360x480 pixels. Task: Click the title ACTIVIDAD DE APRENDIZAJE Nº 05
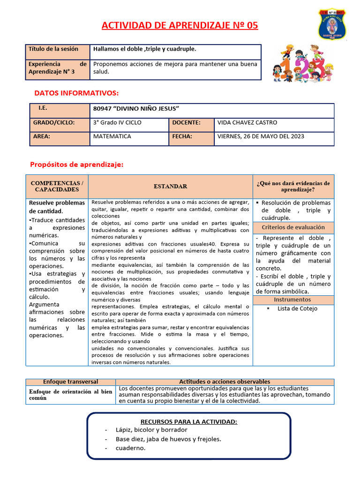[180, 25]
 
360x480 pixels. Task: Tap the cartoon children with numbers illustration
[299, 63]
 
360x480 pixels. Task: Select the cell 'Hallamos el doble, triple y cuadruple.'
[145, 49]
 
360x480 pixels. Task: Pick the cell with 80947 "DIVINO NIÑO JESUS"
[136, 109]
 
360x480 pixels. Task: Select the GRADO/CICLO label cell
[54, 123]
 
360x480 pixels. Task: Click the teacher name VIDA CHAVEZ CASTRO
[247, 123]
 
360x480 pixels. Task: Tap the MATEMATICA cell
[112, 137]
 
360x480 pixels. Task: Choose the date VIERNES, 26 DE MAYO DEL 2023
[261, 137]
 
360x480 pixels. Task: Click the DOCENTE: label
[187, 123]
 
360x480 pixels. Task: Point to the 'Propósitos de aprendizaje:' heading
[76, 165]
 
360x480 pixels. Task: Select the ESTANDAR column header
[170, 187]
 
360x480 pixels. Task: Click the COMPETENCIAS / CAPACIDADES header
[57, 187]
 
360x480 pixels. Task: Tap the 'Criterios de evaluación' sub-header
[293, 227]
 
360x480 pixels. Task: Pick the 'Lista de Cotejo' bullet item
[297, 308]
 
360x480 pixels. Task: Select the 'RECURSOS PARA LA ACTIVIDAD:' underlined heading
[189, 422]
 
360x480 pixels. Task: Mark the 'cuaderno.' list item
[131, 448]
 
